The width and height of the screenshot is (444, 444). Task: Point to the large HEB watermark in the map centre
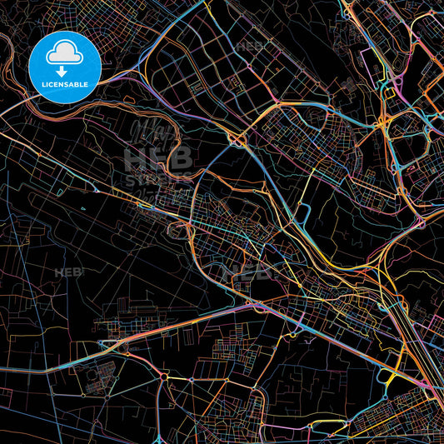(158, 156)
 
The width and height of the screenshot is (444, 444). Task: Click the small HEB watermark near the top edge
(250, 46)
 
